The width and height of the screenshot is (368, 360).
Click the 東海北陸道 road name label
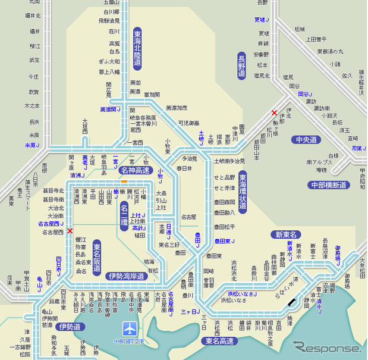[137, 48]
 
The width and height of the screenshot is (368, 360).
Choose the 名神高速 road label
[134, 170]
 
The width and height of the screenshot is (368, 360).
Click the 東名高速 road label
[220, 341]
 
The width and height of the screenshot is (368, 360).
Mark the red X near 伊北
[274, 112]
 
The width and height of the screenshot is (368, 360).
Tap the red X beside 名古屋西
[70, 231]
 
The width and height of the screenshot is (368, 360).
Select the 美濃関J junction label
[110, 109]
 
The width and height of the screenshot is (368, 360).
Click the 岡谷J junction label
[306, 94]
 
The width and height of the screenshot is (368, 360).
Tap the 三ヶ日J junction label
[189, 312]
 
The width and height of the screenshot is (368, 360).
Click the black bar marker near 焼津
[291, 302]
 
